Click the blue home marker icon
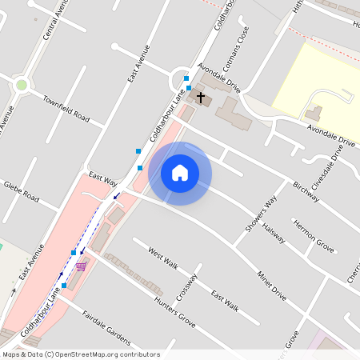(x=180, y=173)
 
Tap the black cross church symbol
(x=200, y=99)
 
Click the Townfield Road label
(x=66, y=108)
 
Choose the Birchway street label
(x=306, y=190)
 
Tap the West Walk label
(x=163, y=256)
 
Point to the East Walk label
(x=225, y=300)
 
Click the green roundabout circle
(x=22, y=84)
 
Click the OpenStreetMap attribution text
(x=80, y=354)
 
